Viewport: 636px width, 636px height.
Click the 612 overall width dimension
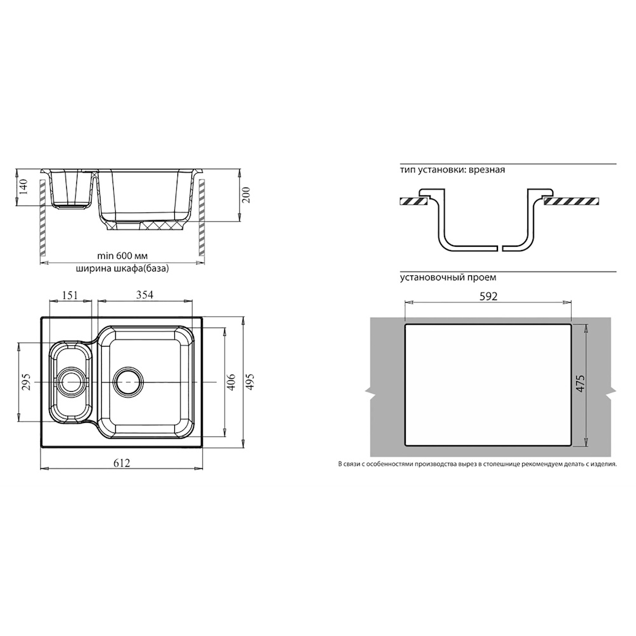121,463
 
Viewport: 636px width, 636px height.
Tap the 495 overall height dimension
250,382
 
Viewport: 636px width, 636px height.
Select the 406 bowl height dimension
231,382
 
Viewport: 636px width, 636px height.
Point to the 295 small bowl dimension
26,382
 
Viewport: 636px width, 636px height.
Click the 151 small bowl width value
70,295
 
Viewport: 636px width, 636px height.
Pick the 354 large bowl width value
144,295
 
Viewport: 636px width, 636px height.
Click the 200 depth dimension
245,195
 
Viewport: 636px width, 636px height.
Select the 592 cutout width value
488,296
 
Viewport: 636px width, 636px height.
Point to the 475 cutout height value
581,384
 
